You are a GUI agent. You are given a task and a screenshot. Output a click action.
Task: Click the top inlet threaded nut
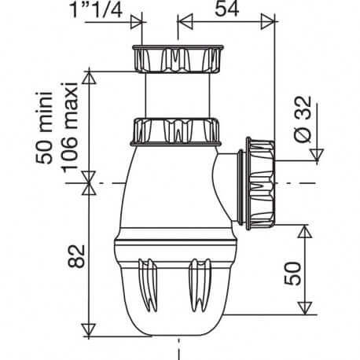coord(178,60)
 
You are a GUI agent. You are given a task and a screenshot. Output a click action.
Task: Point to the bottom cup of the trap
coord(178,291)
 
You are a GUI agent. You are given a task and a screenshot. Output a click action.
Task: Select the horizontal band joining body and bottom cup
coord(178,243)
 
